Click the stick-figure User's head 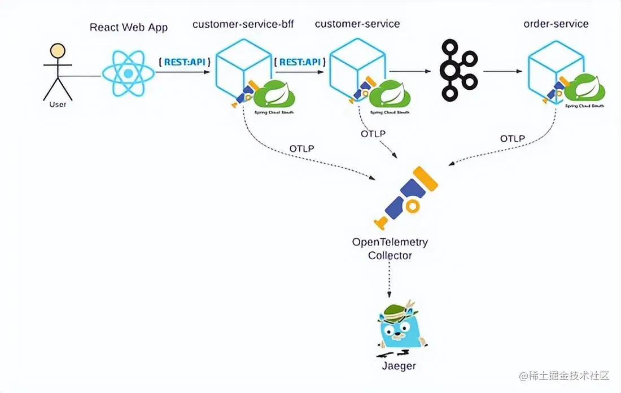[x=57, y=51]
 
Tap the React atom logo [x=128, y=73]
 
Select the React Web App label [x=129, y=27]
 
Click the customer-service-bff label [x=243, y=24]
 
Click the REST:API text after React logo [x=185, y=62]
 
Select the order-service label [x=556, y=24]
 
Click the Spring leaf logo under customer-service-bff [x=275, y=94]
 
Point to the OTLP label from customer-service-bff [x=302, y=148]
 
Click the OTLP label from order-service [x=512, y=138]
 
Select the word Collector [x=390, y=255]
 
